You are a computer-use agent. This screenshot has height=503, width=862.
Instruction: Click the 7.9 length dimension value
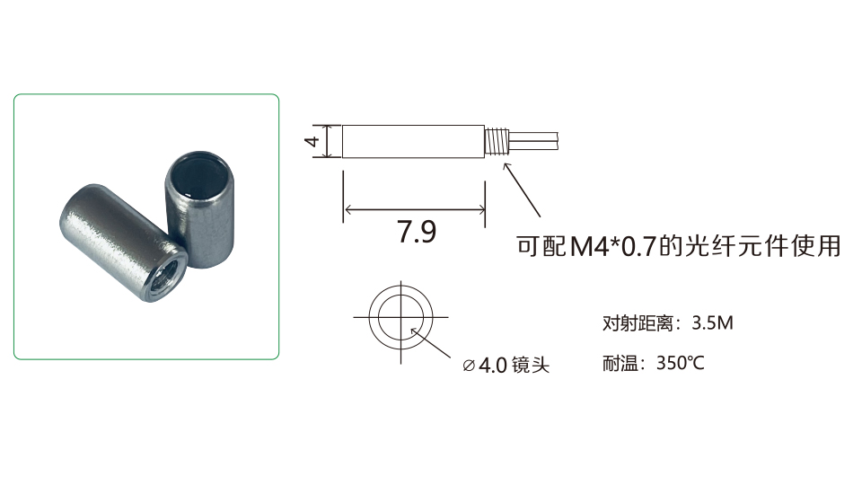[417, 232]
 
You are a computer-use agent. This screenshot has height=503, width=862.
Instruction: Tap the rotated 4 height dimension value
[312, 141]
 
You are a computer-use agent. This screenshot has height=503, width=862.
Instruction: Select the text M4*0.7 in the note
[613, 246]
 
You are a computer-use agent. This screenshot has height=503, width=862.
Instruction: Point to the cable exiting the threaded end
[532, 139]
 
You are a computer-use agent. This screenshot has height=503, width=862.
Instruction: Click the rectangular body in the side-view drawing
[413, 141]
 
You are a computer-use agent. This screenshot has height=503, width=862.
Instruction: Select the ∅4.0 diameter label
[485, 365]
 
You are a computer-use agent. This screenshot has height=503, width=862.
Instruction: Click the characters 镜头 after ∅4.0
[531, 365]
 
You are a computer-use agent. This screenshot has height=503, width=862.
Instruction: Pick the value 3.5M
[712, 322]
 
